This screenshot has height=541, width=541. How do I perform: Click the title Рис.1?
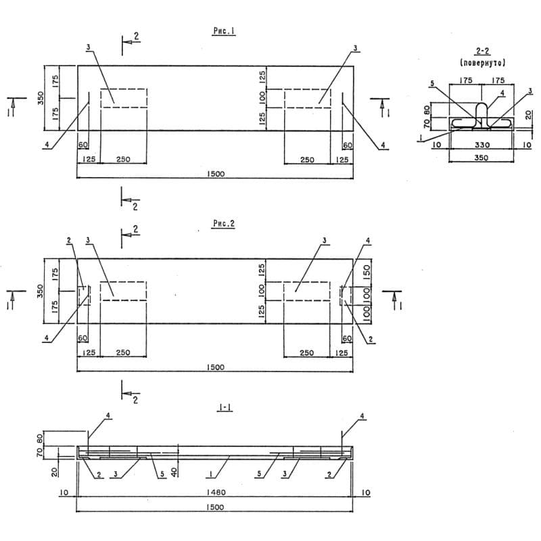point(225,31)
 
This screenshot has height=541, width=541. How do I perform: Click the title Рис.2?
point(224,224)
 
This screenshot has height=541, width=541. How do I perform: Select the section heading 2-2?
point(482,51)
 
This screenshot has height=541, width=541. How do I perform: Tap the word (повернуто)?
point(482,63)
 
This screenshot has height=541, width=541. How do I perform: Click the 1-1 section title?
point(225,408)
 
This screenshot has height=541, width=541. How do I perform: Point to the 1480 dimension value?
point(216,492)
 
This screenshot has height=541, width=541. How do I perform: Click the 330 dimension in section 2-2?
point(481,145)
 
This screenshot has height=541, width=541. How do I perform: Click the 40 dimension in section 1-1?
point(175,471)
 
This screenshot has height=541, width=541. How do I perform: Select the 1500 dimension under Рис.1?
point(216,174)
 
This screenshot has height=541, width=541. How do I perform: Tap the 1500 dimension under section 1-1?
point(215,507)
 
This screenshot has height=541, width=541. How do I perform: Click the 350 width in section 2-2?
point(481,158)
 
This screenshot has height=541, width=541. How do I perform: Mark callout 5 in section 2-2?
point(432,83)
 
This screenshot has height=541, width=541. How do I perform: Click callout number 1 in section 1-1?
point(210,474)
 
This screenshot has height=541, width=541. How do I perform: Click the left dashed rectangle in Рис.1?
point(124,98)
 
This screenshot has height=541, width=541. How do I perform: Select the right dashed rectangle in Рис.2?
point(307,291)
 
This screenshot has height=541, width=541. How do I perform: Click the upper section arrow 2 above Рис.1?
point(131,42)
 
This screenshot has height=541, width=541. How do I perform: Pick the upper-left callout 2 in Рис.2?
point(69,241)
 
